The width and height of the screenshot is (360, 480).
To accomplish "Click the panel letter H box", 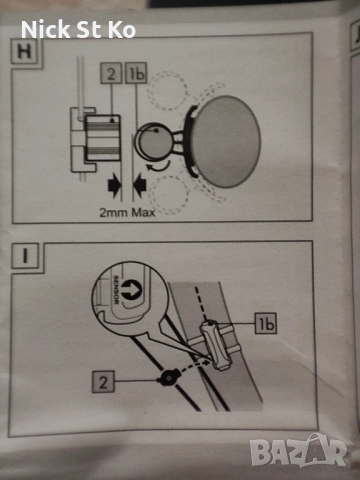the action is pos(24,52).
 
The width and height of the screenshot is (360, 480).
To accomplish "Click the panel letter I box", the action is pos(25,256).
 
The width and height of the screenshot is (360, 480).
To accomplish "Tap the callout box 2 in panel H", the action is pos(111,73).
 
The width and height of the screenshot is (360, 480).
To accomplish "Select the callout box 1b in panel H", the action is pos(136,73).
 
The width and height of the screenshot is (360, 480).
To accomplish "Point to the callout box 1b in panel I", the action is pos(266,323).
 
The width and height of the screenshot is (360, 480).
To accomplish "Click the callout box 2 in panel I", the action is pos(103,382).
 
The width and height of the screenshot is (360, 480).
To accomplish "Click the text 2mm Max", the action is pos(127,212).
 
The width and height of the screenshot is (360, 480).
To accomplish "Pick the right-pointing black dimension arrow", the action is pos(114,184).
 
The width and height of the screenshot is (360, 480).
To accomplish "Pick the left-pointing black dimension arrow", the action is pos(140,184).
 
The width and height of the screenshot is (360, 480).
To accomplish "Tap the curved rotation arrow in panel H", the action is pos(159,167).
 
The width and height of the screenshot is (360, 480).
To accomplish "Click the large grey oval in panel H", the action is pos(226,141).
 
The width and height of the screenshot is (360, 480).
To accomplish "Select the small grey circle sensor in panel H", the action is pos(155,141).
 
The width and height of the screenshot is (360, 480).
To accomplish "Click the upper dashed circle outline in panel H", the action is pos(167,90).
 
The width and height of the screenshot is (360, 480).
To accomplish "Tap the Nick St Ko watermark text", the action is pos(78,29).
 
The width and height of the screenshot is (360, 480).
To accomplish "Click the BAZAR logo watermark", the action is pos(299,451).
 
